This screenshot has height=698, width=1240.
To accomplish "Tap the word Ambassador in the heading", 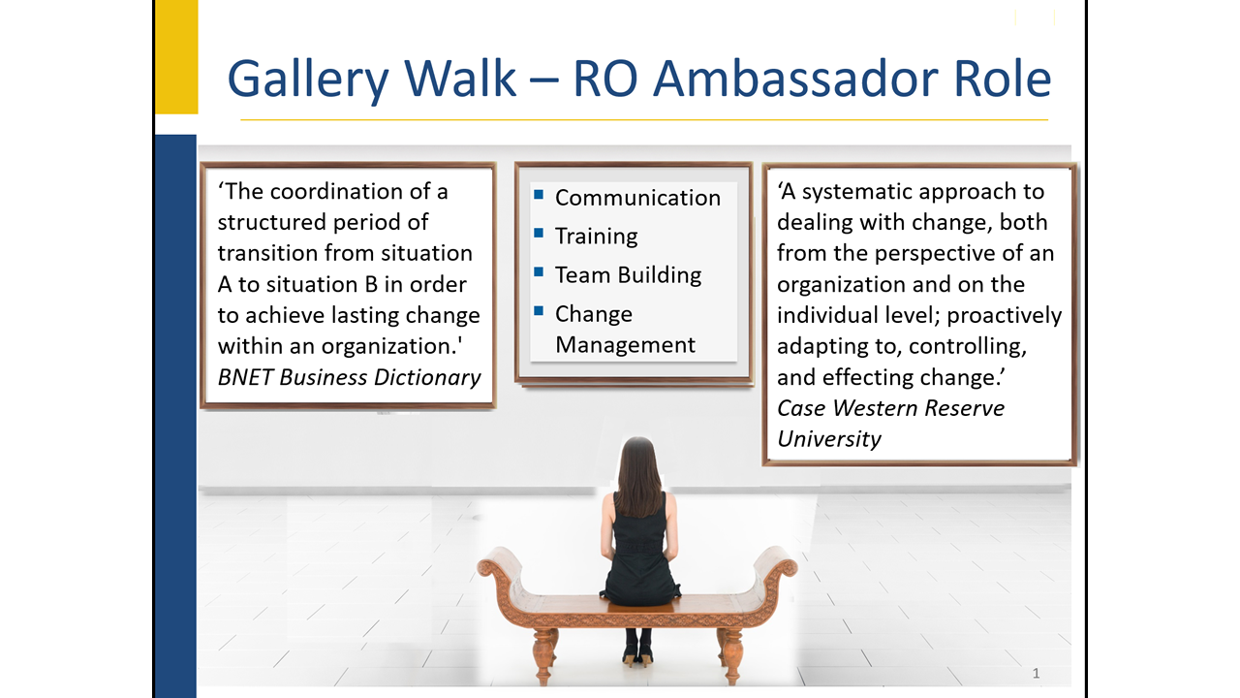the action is click(x=795, y=79).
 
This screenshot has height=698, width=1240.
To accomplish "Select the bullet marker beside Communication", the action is click(x=539, y=194).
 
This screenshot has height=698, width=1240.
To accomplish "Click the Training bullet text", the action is click(x=596, y=237).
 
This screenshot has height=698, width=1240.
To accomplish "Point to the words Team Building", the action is click(x=629, y=274).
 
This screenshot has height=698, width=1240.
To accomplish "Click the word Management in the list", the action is click(x=625, y=344).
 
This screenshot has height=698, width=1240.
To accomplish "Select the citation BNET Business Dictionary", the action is click(x=350, y=377).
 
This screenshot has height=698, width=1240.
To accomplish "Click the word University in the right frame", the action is click(x=828, y=439).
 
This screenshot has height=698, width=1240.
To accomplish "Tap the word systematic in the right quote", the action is click(x=854, y=192).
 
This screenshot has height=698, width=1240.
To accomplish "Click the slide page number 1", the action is click(x=1036, y=673).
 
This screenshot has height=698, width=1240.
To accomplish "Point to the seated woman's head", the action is click(x=638, y=459).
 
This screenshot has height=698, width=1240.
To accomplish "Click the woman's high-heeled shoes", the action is click(x=636, y=658).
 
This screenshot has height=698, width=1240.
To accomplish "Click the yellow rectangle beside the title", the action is click(x=176, y=56).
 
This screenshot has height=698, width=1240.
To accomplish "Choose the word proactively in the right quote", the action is click(x=1005, y=315).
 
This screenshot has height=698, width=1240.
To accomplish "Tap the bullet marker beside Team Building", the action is click(x=539, y=271).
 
